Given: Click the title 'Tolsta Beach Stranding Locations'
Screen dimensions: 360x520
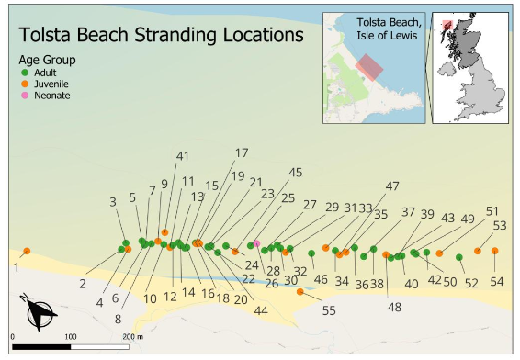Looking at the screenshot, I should point(161,36).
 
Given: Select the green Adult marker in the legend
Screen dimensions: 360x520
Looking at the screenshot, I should point(26,72).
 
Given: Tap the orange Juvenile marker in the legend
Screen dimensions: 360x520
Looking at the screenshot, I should point(26,84).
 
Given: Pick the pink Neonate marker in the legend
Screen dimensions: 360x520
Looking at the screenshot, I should point(26,96).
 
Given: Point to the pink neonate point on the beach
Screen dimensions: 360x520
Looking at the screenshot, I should point(257,243).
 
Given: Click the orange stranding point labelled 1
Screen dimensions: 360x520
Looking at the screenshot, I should point(28,252).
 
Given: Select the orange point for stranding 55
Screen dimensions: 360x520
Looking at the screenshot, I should point(301,291).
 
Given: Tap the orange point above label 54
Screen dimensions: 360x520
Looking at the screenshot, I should point(494,251).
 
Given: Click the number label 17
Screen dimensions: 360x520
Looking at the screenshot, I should point(242,153).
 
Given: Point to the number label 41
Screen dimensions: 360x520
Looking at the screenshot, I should point(182,155).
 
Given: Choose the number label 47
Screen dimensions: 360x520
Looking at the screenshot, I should point(392,186).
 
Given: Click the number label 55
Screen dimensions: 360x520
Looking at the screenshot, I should point(328,310).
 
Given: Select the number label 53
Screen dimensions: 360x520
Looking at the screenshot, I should point(500,225).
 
